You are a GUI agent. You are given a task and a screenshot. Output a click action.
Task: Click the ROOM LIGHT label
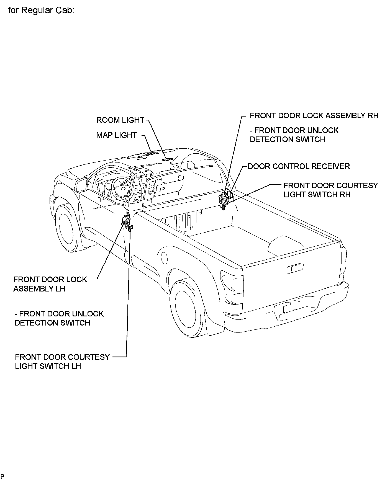[x=120, y=120]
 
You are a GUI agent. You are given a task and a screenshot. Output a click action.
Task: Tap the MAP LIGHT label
[x=117, y=135]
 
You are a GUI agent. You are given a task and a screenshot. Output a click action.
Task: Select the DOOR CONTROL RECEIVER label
[x=299, y=166]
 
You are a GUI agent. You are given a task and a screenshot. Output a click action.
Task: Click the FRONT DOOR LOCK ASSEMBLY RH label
[x=314, y=115]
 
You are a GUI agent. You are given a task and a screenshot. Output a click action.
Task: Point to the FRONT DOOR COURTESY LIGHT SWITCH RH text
[x=330, y=190]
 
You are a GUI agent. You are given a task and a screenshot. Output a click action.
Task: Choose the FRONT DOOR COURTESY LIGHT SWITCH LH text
[x=62, y=362]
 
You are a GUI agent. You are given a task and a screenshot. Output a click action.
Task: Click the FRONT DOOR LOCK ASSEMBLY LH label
[x=50, y=284]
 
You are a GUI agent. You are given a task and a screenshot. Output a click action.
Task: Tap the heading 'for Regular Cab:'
[x=41, y=11]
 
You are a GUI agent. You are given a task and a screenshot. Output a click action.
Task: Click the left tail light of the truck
[x=232, y=288]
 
